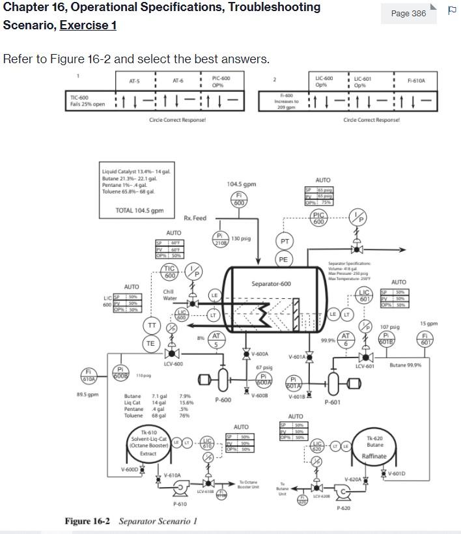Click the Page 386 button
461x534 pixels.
coord(408,13)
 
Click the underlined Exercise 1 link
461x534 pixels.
coord(88,25)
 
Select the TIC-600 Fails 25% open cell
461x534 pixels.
coord(88,101)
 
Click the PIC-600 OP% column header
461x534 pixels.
coord(221,81)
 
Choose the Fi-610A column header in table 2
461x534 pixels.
coord(416,81)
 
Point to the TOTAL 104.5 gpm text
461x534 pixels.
coord(139,210)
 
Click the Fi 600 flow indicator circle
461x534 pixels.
coord(239,199)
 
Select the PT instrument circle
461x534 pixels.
coord(284,241)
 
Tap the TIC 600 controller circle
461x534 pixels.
coord(170,272)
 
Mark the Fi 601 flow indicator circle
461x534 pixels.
coord(426,339)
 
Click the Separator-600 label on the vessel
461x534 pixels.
coord(271,284)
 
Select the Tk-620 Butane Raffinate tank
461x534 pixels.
coord(374,447)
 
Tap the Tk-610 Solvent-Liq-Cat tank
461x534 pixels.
coord(148,443)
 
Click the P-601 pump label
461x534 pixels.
coord(332,402)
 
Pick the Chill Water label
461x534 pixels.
coord(169,295)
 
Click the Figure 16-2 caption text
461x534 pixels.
coord(130,521)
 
